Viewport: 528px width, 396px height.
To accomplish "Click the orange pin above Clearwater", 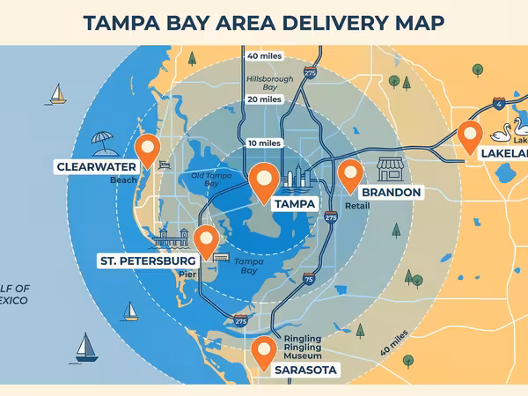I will pyautogui.click(x=147, y=147).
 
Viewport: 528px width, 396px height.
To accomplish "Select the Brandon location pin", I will pyautogui.click(x=350, y=175).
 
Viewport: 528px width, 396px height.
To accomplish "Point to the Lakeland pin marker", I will pyautogui.click(x=470, y=136).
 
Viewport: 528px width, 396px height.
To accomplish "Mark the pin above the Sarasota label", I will pyautogui.click(x=263, y=350).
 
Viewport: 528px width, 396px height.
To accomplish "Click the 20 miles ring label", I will pyautogui.click(x=264, y=99).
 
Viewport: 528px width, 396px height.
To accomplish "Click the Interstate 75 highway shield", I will pyautogui.click(x=308, y=279).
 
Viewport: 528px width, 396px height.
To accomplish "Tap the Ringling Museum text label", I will pyautogui.click(x=302, y=345).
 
